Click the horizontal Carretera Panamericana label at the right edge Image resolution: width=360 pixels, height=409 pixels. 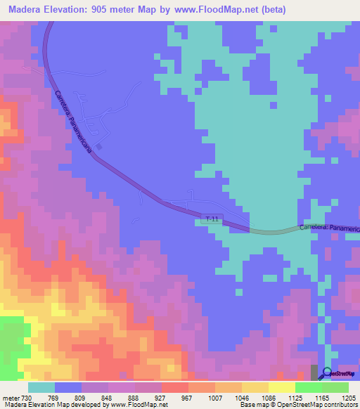[329, 228]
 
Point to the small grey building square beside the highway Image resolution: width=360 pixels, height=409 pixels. [99, 147]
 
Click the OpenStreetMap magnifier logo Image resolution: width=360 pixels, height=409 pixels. [326, 372]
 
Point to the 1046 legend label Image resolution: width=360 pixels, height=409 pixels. [252, 398]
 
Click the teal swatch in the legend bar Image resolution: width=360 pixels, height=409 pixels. [41, 387]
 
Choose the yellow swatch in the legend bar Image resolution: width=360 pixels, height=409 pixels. [281, 387]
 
